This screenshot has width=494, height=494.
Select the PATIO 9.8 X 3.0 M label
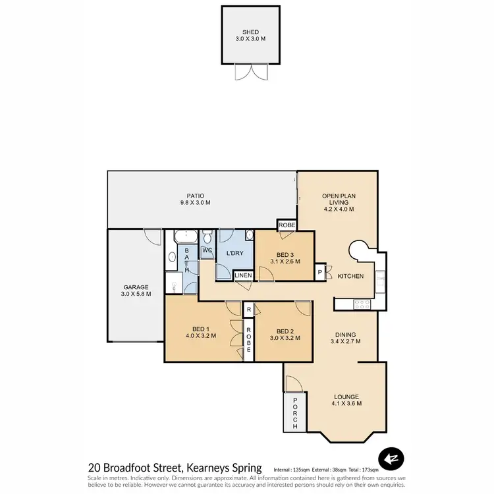(195, 199)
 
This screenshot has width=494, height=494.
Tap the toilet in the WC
(207, 237)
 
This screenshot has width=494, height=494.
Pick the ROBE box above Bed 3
(287, 225)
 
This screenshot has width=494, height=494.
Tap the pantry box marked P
(320, 272)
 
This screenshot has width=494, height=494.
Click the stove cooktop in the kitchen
(363, 304)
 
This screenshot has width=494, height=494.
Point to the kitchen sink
(380, 281)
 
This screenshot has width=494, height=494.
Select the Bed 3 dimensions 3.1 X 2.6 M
(285, 261)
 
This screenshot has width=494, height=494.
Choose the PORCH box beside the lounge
(294, 414)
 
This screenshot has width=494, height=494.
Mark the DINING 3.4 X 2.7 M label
(346, 338)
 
